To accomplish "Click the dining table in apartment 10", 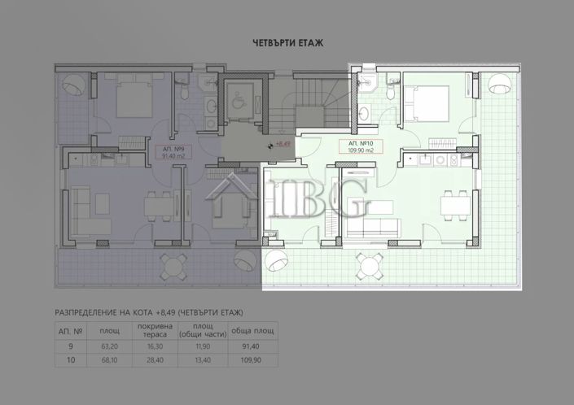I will click(453, 202).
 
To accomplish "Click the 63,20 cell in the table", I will click(109, 346).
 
